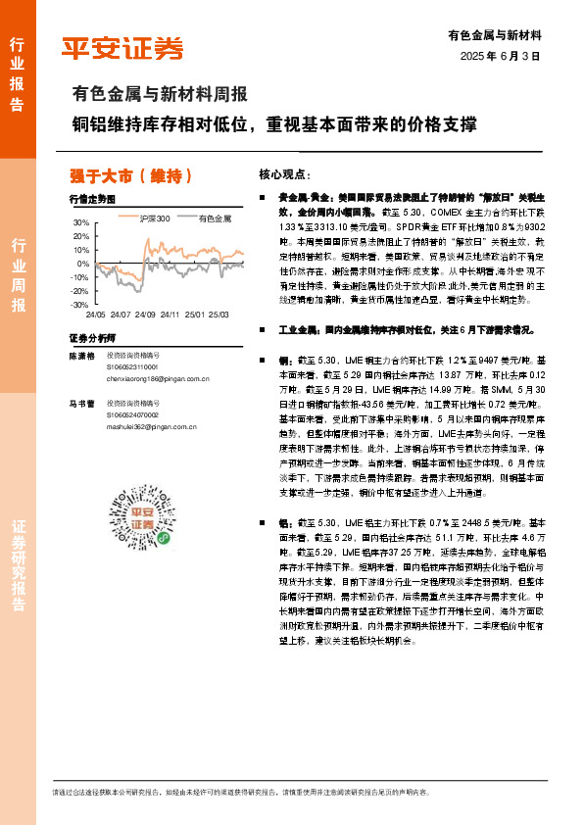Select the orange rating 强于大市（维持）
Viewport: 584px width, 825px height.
click(130, 175)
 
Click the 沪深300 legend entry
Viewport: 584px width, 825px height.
click(155, 218)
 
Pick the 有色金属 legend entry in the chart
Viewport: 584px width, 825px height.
click(215, 218)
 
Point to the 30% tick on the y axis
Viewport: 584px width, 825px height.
click(80, 223)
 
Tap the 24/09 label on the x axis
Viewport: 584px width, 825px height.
click(145, 315)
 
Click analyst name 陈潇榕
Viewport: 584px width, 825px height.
click(81, 355)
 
